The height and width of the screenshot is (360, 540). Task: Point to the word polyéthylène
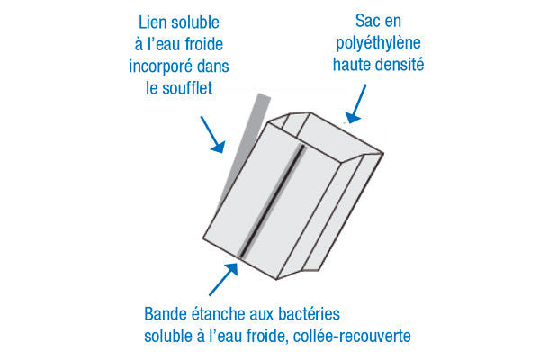(377, 43)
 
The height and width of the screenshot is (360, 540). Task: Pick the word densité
(400, 66)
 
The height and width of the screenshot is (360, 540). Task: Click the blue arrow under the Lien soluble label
(210, 135)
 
